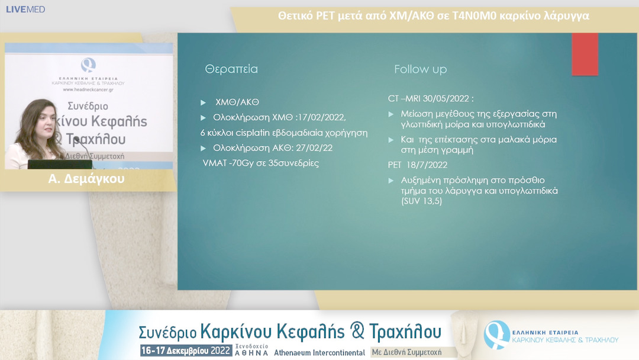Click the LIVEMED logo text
(25, 9)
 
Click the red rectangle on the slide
(585, 54)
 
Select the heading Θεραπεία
(231, 69)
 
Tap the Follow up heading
(420, 69)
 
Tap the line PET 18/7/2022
(417, 165)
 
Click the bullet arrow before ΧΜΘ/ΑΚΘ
(204, 102)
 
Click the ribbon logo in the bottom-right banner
(496, 335)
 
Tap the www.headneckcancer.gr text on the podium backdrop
(89, 90)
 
